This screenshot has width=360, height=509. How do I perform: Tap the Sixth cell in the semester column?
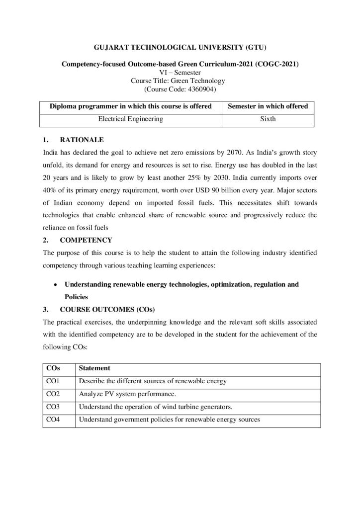tap(268, 120)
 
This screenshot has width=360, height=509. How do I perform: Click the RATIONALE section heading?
tap(82, 140)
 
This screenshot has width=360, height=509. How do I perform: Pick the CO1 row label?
tap(53, 381)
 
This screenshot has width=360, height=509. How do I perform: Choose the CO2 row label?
tap(53, 394)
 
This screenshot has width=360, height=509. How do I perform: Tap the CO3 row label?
tap(53, 407)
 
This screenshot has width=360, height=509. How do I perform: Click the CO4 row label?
tap(53, 420)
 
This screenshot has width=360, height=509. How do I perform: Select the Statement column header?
tap(94, 368)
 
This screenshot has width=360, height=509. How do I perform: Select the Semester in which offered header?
tap(268, 106)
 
